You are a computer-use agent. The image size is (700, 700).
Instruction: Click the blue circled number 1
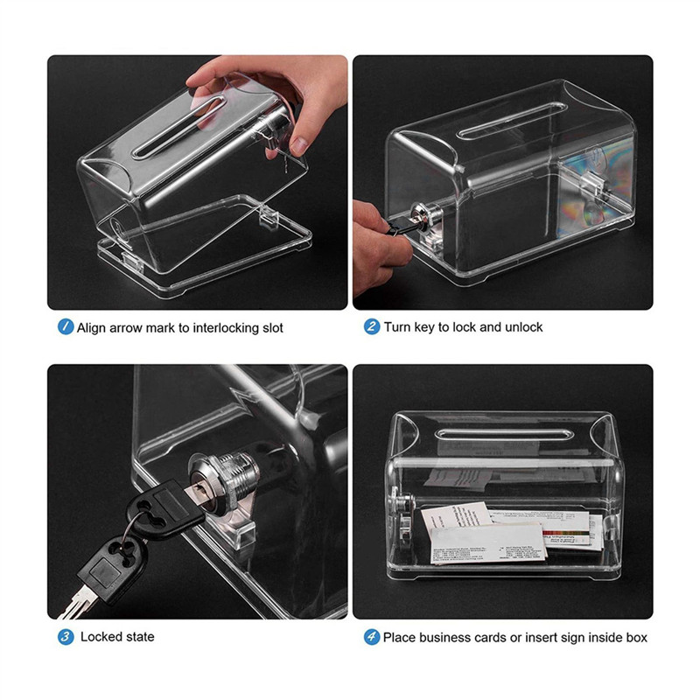click(65, 327)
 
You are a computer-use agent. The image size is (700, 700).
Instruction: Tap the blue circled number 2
click(371, 327)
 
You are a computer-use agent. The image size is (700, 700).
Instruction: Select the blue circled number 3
click(65, 636)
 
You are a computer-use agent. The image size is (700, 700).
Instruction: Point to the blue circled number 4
click(371, 636)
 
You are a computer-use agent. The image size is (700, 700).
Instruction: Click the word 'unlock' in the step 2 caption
click(522, 327)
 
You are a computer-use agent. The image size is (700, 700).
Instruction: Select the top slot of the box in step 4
click(512, 435)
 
